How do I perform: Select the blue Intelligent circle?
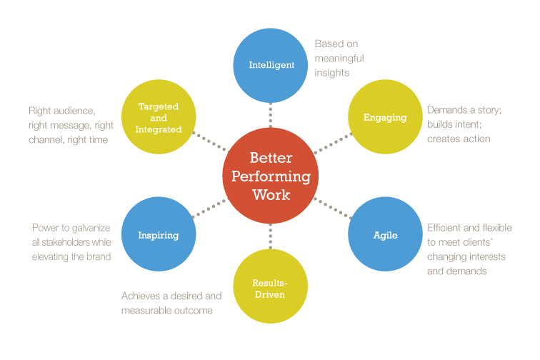[x=271, y=65]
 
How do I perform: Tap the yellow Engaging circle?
[x=385, y=117]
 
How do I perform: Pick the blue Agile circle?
[x=385, y=234]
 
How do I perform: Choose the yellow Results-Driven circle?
[x=270, y=288]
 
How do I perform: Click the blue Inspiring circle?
[x=159, y=234]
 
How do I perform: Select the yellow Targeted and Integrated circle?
[x=159, y=117]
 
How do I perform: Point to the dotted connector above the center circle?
[x=271, y=114]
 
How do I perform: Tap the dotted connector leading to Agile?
[x=332, y=208]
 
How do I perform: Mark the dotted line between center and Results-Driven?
[x=271, y=239]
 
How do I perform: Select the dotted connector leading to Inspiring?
[x=209, y=208]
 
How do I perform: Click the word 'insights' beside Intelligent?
[x=332, y=72]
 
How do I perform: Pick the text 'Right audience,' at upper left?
[x=61, y=111]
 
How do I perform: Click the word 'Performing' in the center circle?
[x=270, y=176]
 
